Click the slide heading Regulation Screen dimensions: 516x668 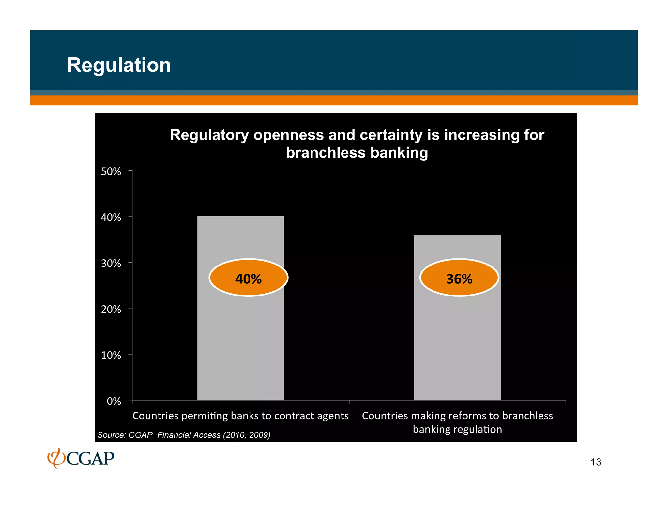click(x=119, y=65)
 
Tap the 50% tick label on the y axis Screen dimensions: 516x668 click(x=111, y=172)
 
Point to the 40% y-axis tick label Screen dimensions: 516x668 click(x=111, y=217)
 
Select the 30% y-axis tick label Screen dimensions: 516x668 click(x=111, y=263)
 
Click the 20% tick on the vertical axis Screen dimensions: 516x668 click(x=111, y=309)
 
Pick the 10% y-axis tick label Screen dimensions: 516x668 click(x=111, y=355)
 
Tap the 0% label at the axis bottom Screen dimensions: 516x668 click(x=114, y=401)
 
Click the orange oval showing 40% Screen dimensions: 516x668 click(x=249, y=278)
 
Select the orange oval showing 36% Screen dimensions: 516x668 click(x=459, y=278)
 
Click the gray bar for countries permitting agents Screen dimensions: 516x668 click(x=240, y=342)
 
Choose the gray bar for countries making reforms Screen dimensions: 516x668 click(x=457, y=342)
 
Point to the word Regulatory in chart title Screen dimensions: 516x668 click(x=209, y=135)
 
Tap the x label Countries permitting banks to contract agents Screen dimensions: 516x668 click(x=240, y=416)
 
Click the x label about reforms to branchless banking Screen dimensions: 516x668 click(x=457, y=422)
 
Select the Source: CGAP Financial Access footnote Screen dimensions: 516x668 click(x=184, y=435)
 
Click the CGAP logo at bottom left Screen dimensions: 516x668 click(x=81, y=458)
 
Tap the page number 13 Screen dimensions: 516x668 click(x=596, y=462)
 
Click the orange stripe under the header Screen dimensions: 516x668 click(x=334, y=100)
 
